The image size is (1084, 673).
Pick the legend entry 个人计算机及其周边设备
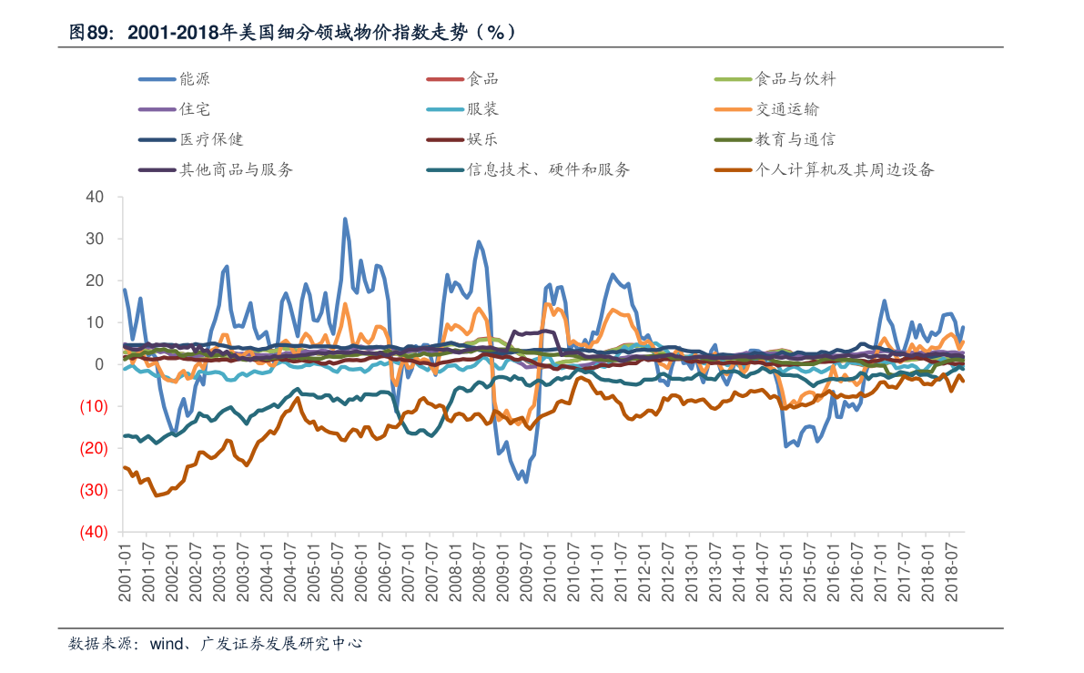844,169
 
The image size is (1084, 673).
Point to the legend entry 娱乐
482,139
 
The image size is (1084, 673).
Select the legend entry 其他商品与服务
236,169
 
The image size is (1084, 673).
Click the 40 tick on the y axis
96,197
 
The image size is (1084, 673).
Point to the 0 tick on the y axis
100,364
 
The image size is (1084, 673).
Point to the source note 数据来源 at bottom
216,643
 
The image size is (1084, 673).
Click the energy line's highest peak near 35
345,219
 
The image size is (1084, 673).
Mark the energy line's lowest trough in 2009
526,482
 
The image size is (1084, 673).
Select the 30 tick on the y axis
96,239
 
